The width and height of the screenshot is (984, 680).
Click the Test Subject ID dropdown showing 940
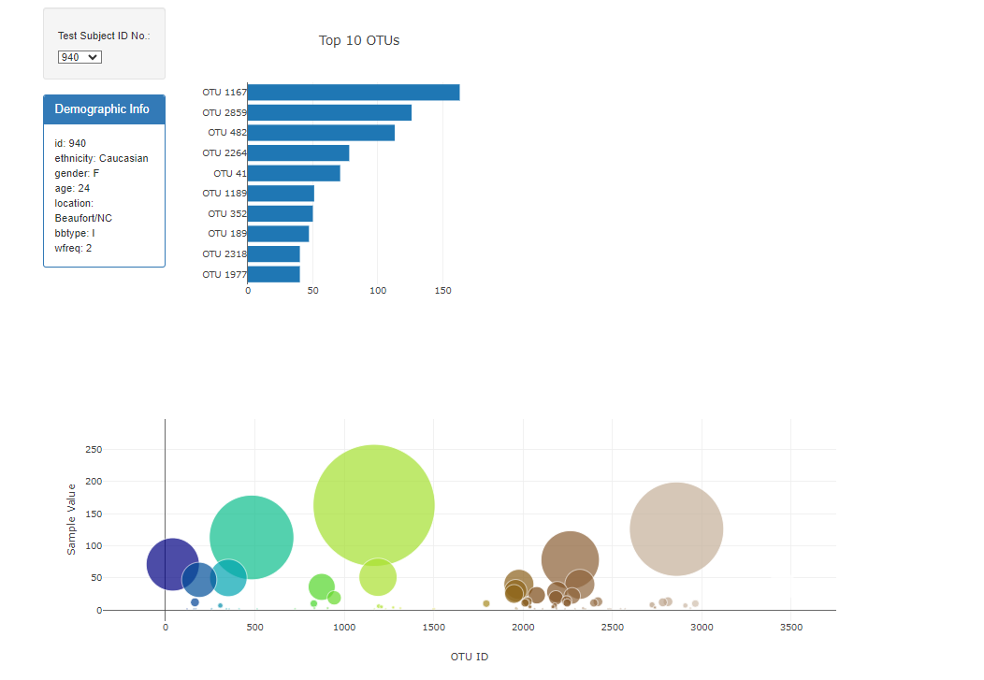pos(80,57)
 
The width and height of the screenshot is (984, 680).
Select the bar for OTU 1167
pos(354,93)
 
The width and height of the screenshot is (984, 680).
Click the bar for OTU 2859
pos(329,112)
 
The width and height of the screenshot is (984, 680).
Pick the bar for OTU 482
pos(321,133)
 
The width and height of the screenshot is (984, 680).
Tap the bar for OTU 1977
pos(273,274)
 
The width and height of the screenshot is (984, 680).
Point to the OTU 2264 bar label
pos(224,153)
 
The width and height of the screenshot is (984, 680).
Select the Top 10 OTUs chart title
pos(359,40)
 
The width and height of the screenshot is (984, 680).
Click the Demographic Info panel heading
pos(102,109)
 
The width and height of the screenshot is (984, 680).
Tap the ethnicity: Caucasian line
pos(101,158)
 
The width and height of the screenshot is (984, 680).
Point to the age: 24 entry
pos(72,188)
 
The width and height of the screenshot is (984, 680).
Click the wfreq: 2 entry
pos(73,248)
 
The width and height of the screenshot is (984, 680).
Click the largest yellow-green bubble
pos(373,505)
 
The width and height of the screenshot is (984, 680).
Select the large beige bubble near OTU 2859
pos(676,528)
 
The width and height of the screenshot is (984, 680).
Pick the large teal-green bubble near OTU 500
pos(252,537)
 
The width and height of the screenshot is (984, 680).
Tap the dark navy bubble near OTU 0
pos(172,564)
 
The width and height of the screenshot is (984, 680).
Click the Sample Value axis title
pos(72,519)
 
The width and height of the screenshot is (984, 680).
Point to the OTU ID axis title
pos(470,657)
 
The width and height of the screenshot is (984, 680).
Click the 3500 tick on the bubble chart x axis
pos(790,627)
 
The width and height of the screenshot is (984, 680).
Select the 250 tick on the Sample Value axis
pos(93,450)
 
